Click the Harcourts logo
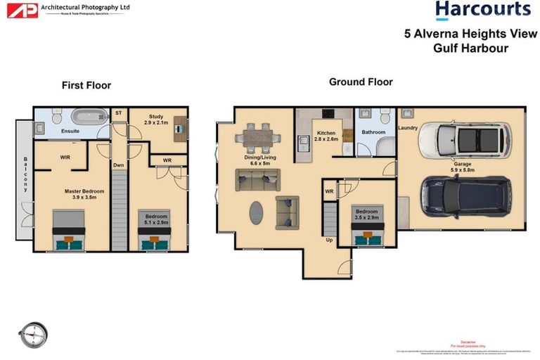click(x=482, y=11)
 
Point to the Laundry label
click(x=408, y=128)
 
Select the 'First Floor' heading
click(x=86, y=86)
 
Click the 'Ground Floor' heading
click(x=361, y=82)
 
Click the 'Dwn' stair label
click(x=118, y=166)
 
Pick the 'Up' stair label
click(x=328, y=239)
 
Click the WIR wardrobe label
click(x=65, y=157)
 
